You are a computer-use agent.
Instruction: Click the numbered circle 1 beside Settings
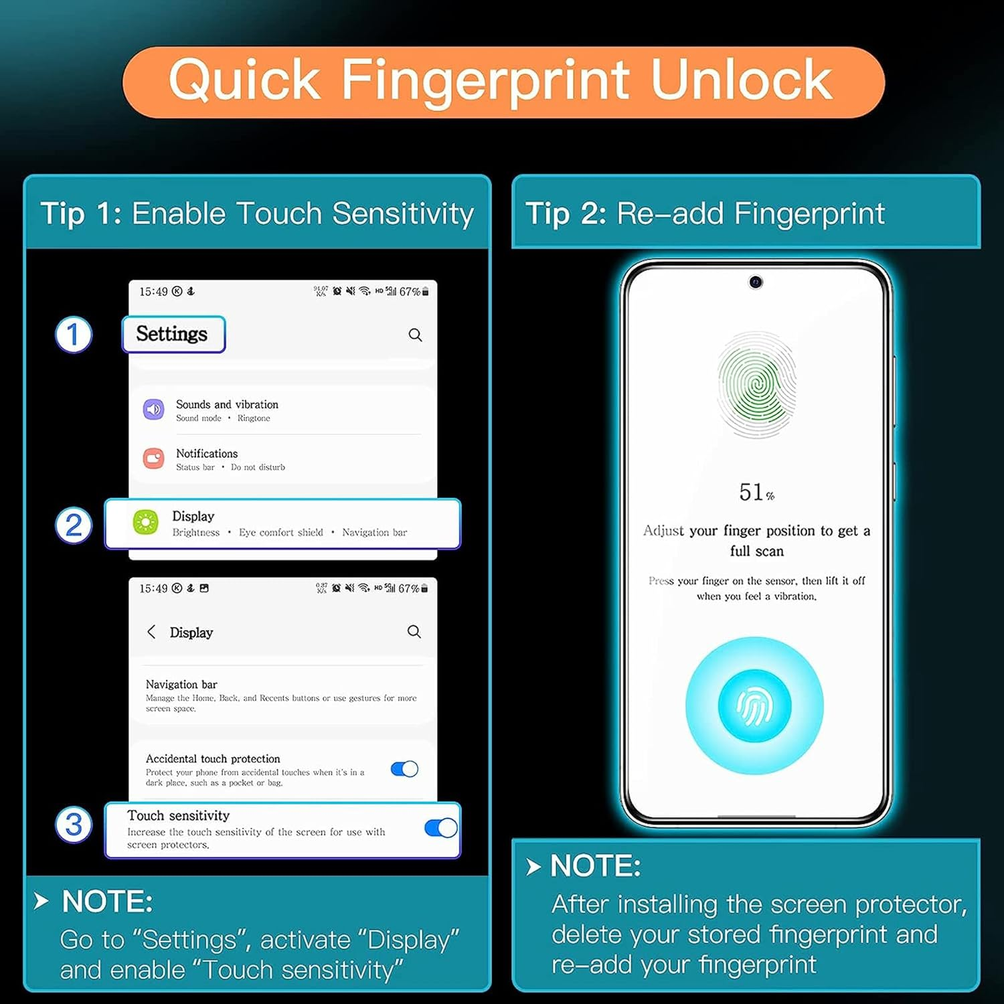pos(73,335)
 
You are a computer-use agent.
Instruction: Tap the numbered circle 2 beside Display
pos(73,525)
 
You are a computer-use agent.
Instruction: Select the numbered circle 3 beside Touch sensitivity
pos(73,825)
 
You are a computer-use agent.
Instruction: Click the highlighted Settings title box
pos(173,334)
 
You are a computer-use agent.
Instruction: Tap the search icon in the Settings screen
pos(415,335)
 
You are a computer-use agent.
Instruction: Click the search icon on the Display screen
pos(414,631)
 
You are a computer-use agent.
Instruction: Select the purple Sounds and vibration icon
pos(153,409)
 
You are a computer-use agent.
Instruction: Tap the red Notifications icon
pos(153,458)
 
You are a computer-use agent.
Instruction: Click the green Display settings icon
pos(145,522)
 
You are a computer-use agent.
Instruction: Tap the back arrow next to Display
pos(151,632)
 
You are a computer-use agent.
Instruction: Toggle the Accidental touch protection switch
pos(404,769)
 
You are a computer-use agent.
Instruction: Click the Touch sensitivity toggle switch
pos(440,828)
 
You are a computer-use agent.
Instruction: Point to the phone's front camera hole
pos(756,282)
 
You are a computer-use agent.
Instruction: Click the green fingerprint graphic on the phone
pos(756,385)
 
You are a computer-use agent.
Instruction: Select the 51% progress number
pos(756,493)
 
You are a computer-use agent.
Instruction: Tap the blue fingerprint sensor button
pos(755,706)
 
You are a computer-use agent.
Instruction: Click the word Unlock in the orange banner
pos(741,80)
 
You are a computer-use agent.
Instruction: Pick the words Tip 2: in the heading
pos(566,214)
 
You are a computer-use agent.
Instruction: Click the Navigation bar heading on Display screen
pos(181,684)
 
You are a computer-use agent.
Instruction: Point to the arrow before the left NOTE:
pos(41,901)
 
